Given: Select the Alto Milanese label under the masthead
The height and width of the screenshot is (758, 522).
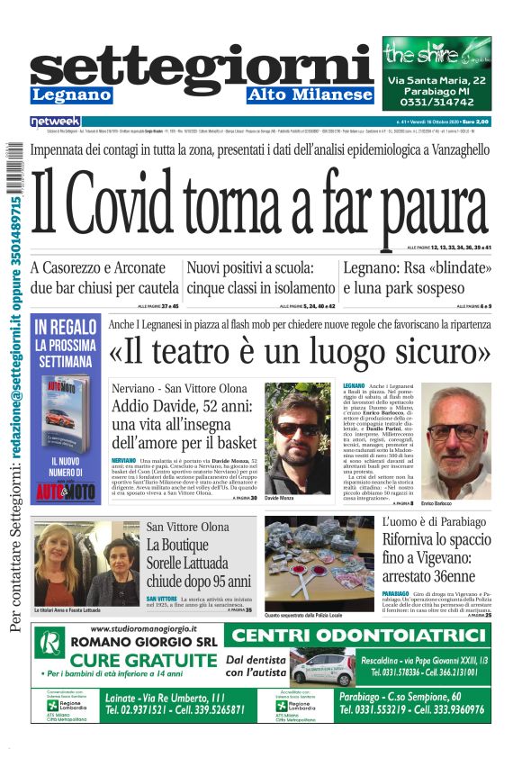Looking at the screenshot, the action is [x=310, y=95].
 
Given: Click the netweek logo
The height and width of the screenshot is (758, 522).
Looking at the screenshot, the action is [x=55, y=122].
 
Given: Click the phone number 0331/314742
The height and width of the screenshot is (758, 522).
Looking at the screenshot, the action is [x=436, y=105].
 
